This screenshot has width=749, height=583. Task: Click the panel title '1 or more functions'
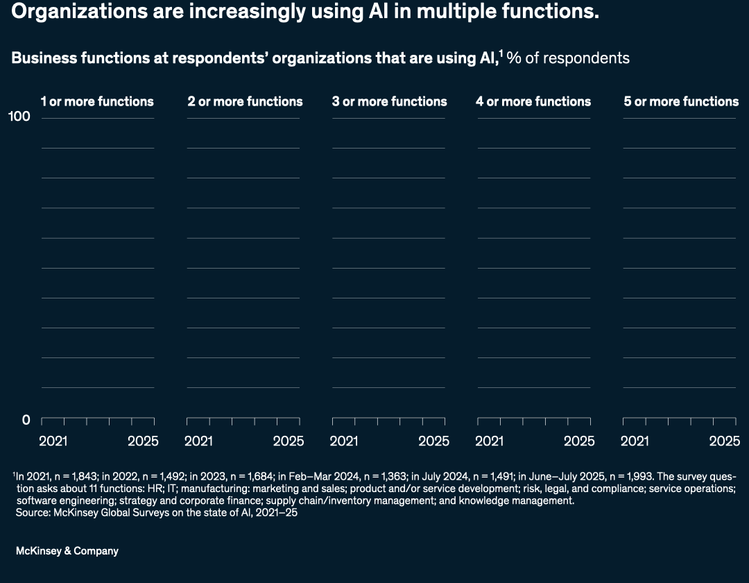click(97, 101)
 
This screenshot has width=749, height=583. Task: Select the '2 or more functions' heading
click(245, 101)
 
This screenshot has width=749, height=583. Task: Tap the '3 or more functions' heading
click(389, 101)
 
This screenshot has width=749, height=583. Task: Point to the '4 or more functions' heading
click(533, 101)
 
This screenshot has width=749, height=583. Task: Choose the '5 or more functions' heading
click(681, 101)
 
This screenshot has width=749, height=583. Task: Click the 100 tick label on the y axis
click(19, 117)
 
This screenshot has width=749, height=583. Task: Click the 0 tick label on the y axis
click(26, 420)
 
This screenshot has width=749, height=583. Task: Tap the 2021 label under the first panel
click(53, 441)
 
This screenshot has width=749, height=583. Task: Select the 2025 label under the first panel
click(143, 441)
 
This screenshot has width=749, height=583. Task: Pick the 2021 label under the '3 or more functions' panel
click(343, 441)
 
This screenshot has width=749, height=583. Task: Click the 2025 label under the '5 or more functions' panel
click(725, 441)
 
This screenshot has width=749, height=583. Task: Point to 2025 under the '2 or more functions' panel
click(288, 441)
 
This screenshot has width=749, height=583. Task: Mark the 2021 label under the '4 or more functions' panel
click(489, 441)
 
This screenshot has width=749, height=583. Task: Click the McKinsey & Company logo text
click(67, 551)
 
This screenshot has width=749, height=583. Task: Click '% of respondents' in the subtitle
click(568, 58)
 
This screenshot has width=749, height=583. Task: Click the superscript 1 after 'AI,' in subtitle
click(501, 53)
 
